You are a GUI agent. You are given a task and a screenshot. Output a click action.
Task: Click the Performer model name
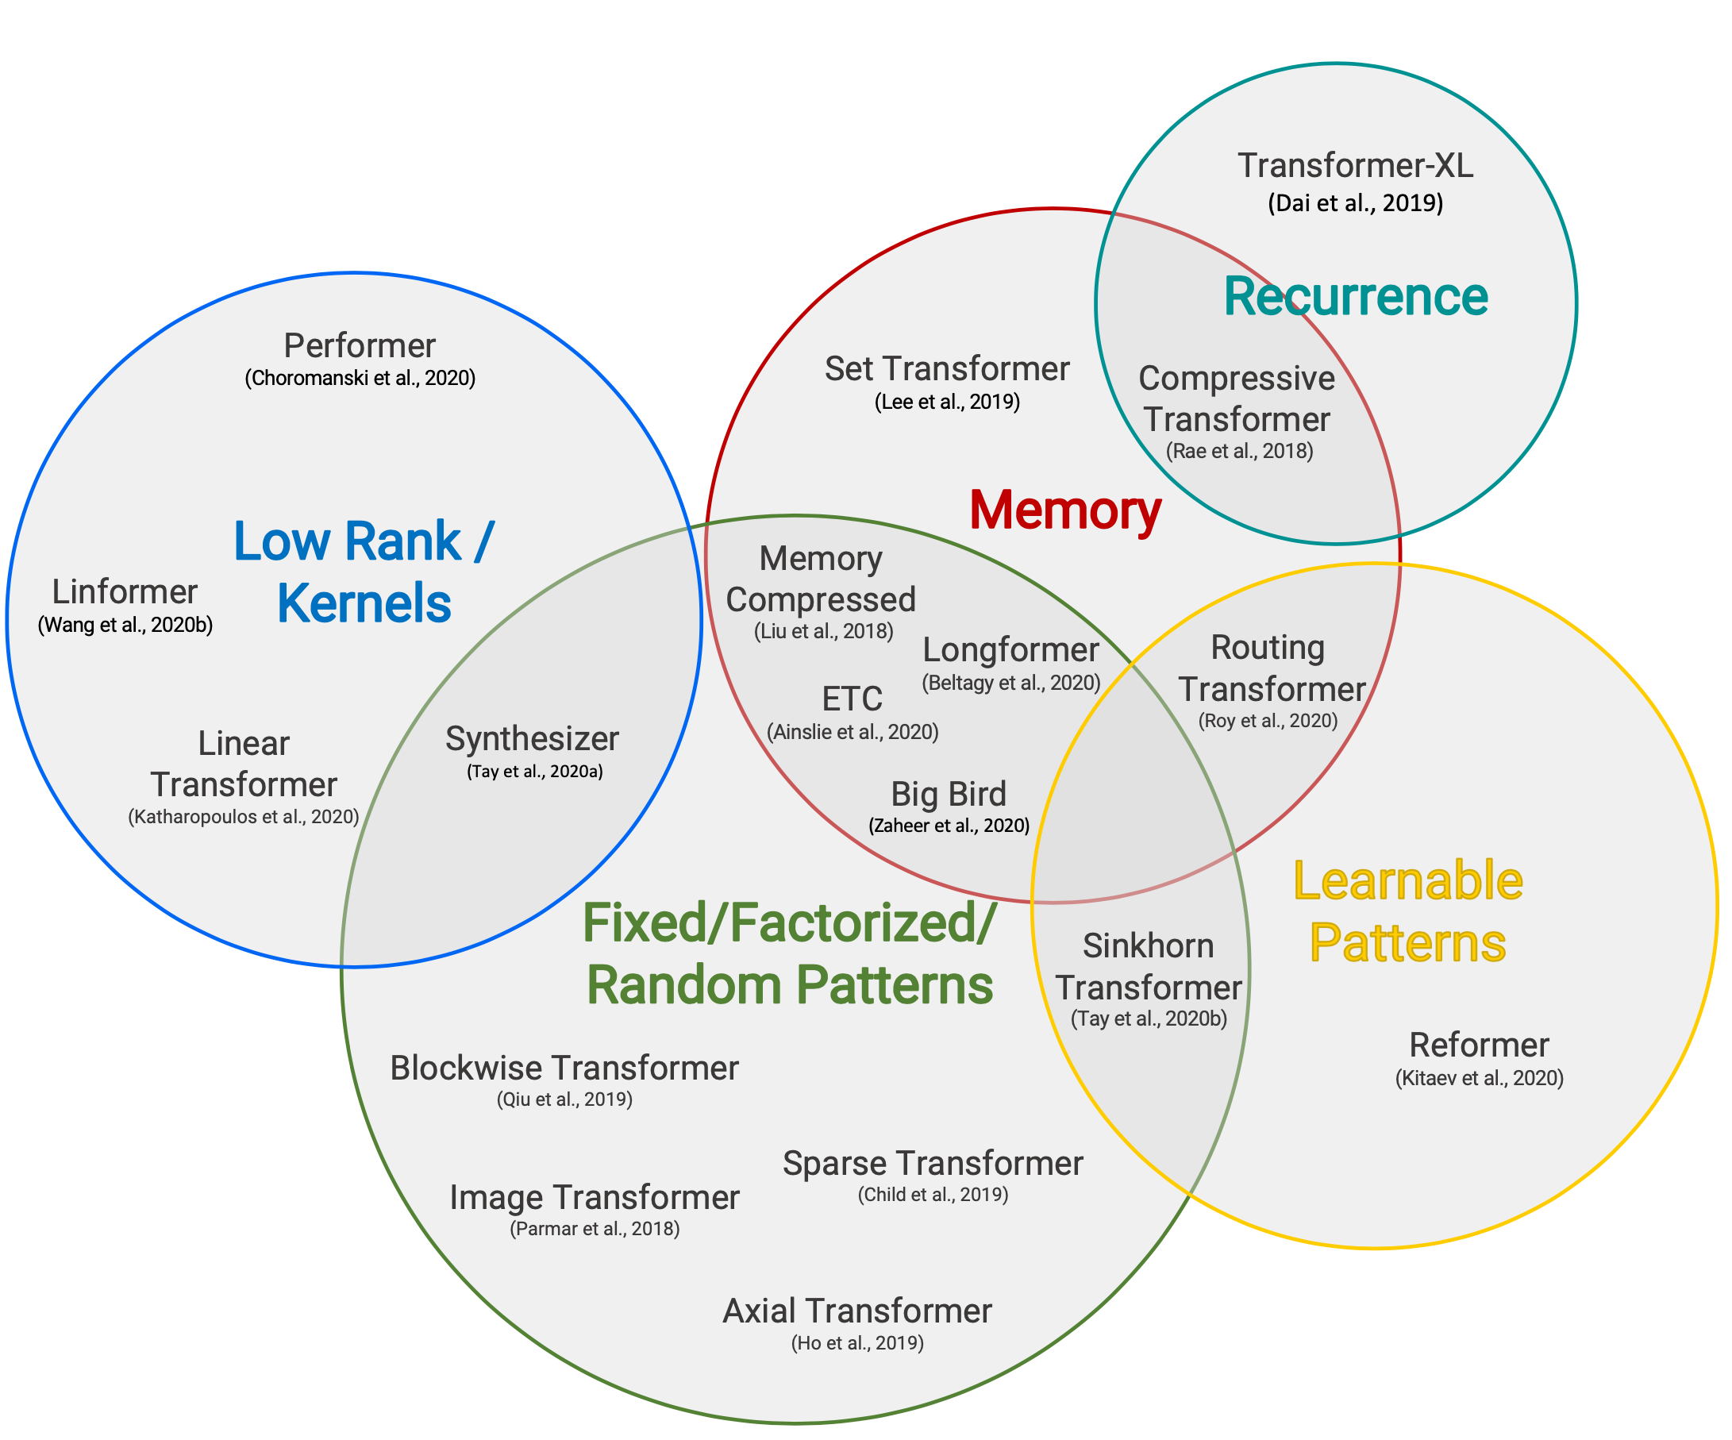click(360, 345)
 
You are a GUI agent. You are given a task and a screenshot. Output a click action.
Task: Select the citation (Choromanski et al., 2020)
click(360, 379)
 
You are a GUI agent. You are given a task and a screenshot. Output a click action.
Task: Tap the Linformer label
click(125, 592)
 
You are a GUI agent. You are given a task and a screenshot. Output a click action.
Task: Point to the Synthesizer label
click(532, 739)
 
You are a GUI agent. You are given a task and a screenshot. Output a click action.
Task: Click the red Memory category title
click(1064, 510)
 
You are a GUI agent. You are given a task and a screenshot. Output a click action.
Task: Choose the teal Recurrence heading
click(1355, 297)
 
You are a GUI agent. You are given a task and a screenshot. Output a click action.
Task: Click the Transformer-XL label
click(1355, 166)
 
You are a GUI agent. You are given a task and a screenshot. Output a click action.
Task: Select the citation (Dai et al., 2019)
click(1355, 204)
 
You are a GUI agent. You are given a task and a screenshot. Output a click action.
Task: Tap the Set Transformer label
click(947, 368)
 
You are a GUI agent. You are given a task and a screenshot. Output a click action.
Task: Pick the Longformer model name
click(1010, 650)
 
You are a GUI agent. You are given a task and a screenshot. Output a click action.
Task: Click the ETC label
click(852, 699)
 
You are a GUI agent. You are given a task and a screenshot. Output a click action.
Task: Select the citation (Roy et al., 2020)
click(1268, 721)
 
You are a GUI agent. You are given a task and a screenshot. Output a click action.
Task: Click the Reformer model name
click(1479, 1045)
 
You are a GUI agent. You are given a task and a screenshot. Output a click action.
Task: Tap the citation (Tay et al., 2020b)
click(1148, 1018)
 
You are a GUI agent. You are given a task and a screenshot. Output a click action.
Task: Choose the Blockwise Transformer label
click(564, 1068)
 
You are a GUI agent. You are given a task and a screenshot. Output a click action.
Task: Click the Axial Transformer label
click(857, 1311)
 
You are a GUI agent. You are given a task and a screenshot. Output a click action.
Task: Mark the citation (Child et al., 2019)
click(933, 1195)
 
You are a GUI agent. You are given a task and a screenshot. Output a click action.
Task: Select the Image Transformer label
click(594, 1198)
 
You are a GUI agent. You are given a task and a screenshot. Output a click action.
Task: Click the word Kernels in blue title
click(364, 604)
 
